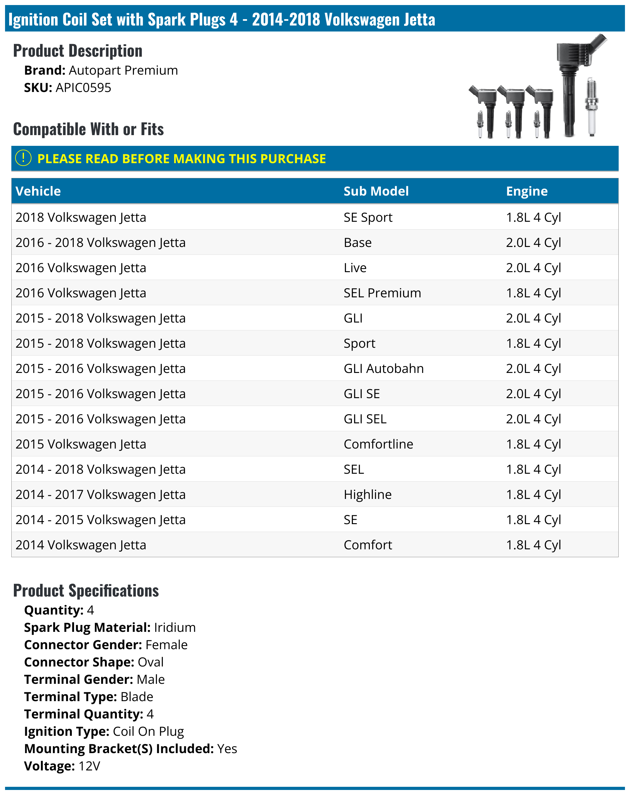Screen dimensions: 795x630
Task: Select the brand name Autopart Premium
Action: tap(123, 71)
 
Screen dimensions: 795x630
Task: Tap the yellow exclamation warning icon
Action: tap(23, 158)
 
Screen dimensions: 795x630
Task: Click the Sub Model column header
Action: tap(376, 191)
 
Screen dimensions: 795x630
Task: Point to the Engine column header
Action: tap(526, 191)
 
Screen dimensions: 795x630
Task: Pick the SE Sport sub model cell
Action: tap(368, 218)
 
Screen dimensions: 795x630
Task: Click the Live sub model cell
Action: tap(355, 268)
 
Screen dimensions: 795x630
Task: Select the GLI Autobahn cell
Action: tap(383, 369)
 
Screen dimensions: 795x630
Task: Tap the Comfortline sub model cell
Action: tap(378, 444)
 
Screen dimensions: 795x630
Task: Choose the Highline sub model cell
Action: tap(367, 495)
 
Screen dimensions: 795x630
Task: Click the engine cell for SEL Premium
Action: tap(533, 293)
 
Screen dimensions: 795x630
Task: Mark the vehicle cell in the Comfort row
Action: tap(81, 545)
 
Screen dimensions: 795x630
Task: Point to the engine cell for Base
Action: tap(533, 243)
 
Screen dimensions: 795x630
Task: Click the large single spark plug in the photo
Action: tap(591, 107)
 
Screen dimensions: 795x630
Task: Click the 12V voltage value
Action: tap(89, 766)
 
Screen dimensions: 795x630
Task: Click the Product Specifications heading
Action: tap(86, 590)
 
